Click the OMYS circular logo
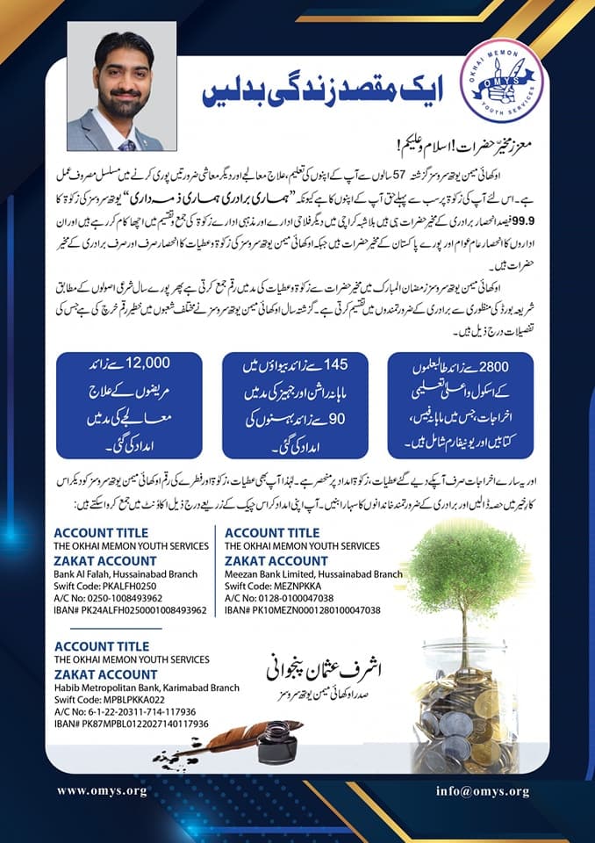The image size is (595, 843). tap(505, 81)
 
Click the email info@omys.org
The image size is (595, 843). tap(483, 791)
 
